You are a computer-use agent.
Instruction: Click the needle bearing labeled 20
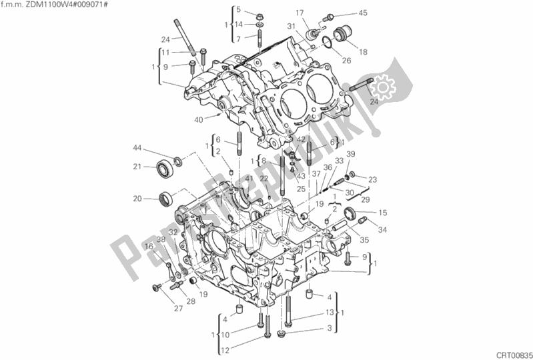[167, 197]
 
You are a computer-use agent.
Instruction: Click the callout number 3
[329, 329]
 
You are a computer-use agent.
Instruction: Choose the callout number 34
[382, 231]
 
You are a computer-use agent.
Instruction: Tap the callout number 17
[299, 12]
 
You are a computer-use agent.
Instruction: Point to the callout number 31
[292, 26]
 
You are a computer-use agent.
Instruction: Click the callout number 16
[148, 246]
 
